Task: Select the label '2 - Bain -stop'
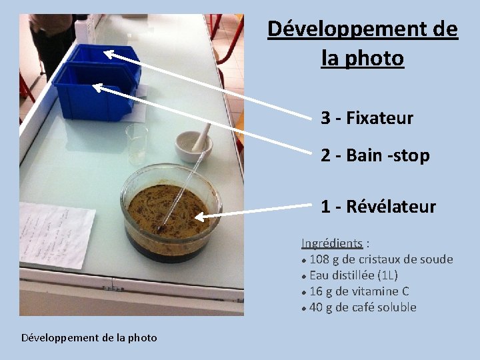pos(375,156)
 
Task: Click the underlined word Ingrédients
pos(332,243)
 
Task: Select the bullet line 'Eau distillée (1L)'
pos(353,275)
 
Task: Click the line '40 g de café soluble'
pos(363,307)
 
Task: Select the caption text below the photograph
pos(89,337)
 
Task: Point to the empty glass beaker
pos(137,143)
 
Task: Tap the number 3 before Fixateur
pos(325,119)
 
